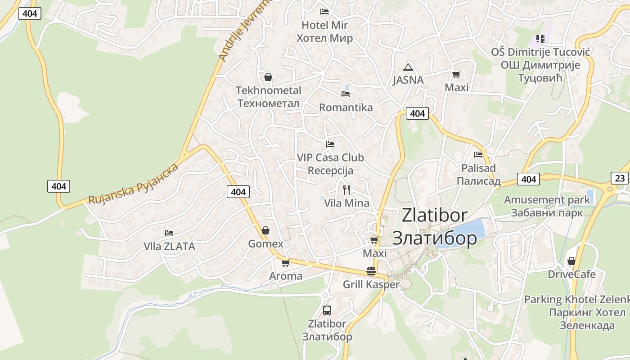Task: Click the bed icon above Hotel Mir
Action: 324,11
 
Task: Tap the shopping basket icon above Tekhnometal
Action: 268,77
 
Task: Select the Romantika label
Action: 346,108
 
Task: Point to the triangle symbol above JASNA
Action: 408,67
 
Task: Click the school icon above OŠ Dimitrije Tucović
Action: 540,39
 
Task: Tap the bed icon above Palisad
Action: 478,155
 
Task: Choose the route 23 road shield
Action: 620,178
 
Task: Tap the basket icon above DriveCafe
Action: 571,261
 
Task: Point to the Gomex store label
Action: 266,244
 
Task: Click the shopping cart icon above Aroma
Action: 285,263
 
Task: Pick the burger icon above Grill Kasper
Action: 371,271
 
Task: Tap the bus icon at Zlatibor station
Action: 327,310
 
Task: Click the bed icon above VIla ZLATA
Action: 169,233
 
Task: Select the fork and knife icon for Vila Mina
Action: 346,190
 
